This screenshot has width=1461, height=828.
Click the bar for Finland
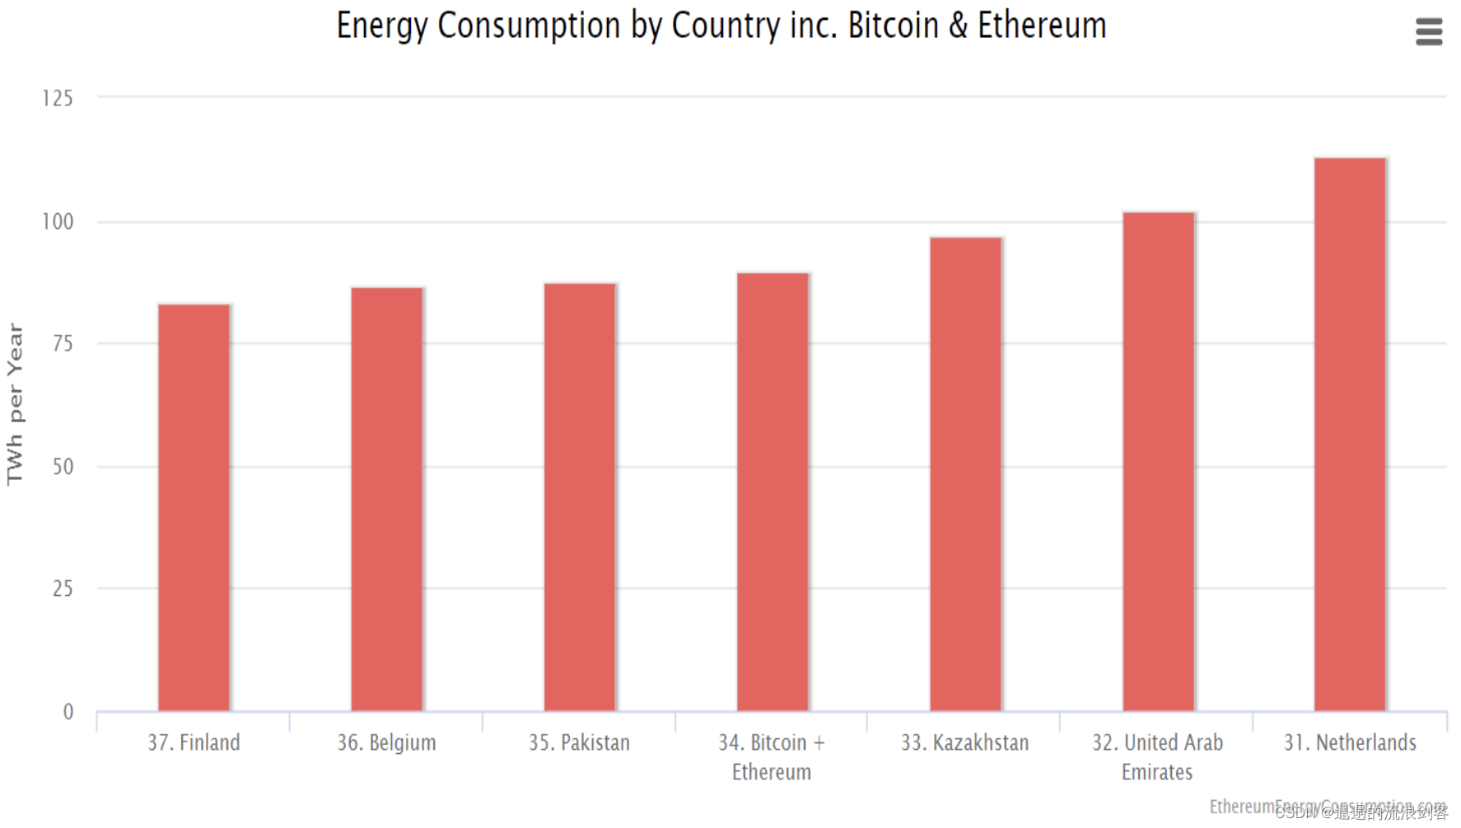194,507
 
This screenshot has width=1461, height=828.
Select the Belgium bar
387,499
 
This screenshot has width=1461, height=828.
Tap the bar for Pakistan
580,496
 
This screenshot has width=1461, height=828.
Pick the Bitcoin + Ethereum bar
773,491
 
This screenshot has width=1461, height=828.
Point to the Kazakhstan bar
965,473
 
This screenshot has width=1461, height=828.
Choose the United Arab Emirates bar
1158,461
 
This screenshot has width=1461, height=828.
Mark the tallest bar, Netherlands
1350,434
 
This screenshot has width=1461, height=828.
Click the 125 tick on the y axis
58,99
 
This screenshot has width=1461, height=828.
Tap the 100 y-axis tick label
58,221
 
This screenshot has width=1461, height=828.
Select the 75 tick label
63,343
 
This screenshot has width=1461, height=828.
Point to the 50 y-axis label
63,467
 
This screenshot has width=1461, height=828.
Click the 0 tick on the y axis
68,712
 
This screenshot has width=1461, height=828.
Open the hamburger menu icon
1429,32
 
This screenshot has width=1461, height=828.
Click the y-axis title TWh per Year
15,403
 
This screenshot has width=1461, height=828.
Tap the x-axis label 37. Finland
194,742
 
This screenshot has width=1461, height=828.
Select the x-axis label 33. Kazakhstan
964,742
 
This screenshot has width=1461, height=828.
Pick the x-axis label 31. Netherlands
1350,742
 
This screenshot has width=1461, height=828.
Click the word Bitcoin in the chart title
893,26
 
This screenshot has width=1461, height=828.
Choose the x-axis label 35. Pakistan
579,742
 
